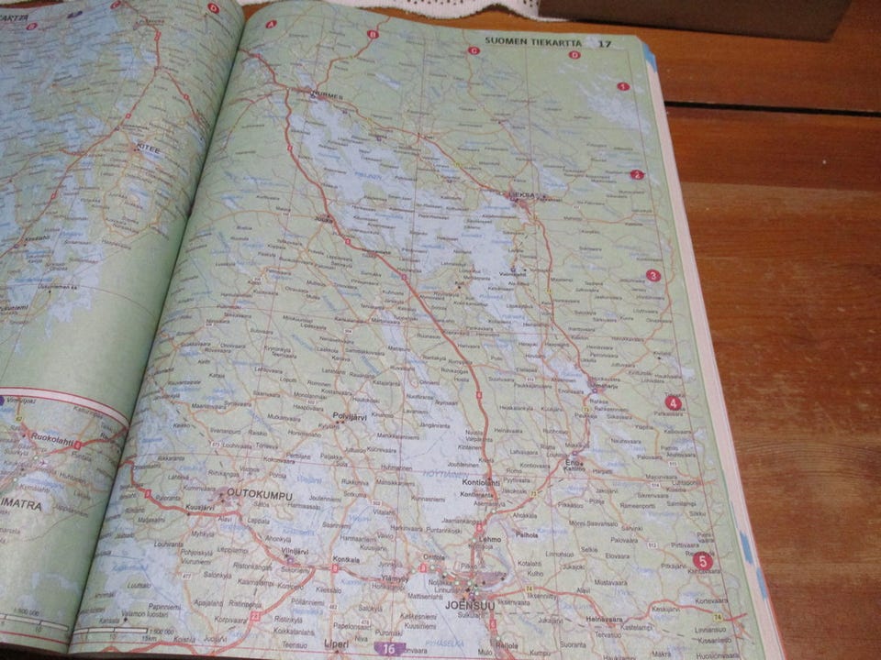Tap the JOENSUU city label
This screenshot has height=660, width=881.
tap(463, 604)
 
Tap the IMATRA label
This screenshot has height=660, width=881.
tap(21, 503)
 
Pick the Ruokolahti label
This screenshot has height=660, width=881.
tap(51, 438)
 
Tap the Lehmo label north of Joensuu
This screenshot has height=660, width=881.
tap(489, 541)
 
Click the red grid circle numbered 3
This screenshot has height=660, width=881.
tap(653, 275)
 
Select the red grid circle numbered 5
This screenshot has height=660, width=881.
tap(702, 561)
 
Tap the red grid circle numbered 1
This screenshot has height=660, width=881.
tap(623, 87)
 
